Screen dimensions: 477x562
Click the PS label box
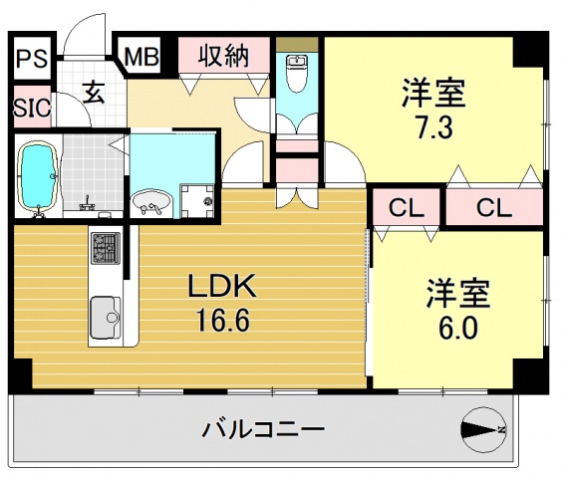click(x=30, y=57)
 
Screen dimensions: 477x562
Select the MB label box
click(x=141, y=56)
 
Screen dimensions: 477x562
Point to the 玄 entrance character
click(x=94, y=95)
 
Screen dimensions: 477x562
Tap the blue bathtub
click(x=40, y=173)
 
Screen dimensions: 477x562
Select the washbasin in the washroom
click(x=151, y=202)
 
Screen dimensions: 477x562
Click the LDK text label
click(x=224, y=288)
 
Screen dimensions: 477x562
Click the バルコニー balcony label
click(x=264, y=432)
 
